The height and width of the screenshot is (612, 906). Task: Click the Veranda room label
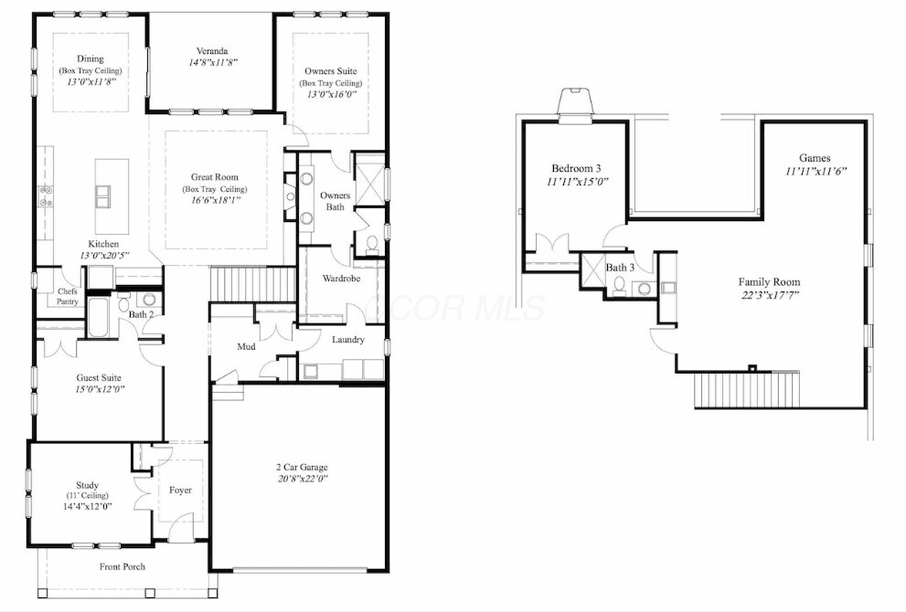point(211,51)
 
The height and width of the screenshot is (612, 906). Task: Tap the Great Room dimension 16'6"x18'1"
point(215,200)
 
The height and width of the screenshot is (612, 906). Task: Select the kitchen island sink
point(104,195)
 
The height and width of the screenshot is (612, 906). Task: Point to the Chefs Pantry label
point(67,296)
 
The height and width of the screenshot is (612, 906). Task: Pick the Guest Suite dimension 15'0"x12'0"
point(100,389)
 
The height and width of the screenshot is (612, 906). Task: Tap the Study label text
point(87,485)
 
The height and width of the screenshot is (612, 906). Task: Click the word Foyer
point(180,491)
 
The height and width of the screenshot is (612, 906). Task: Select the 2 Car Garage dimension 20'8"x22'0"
point(303,478)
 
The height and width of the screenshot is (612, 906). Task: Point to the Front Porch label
point(123,566)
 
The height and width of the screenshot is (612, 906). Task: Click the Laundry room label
point(348,340)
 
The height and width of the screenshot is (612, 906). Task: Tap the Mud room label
point(247,346)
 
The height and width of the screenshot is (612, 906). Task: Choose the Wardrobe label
point(342,279)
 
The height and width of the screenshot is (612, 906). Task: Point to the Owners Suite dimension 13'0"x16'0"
point(332,94)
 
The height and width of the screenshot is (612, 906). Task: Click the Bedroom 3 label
point(576,169)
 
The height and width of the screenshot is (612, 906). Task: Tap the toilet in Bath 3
point(620,285)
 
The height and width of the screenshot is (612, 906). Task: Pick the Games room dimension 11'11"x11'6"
point(815,171)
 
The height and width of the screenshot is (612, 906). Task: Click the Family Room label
point(769,281)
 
